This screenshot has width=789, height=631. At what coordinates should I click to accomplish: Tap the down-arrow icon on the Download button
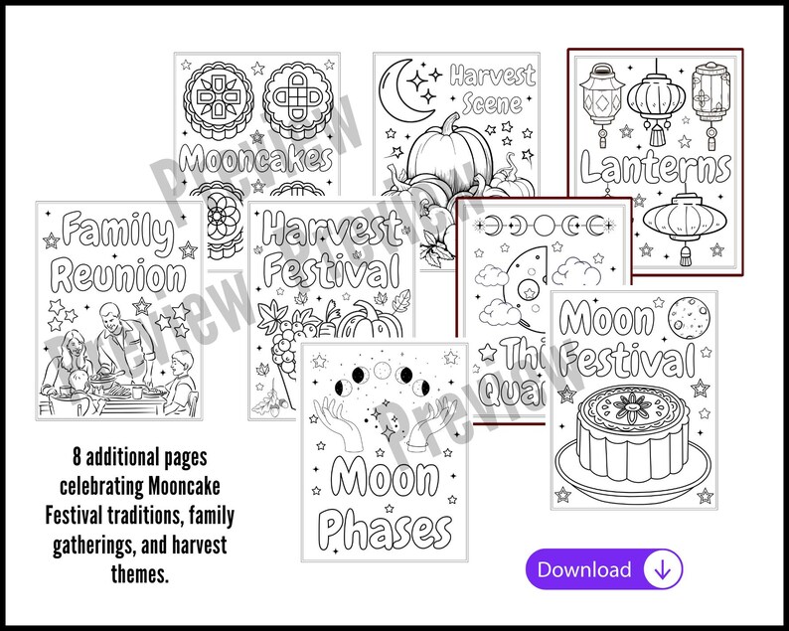[662, 569]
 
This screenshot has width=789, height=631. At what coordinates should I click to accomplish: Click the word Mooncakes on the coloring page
[256, 158]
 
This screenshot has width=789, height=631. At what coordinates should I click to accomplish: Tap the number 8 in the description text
[76, 458]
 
